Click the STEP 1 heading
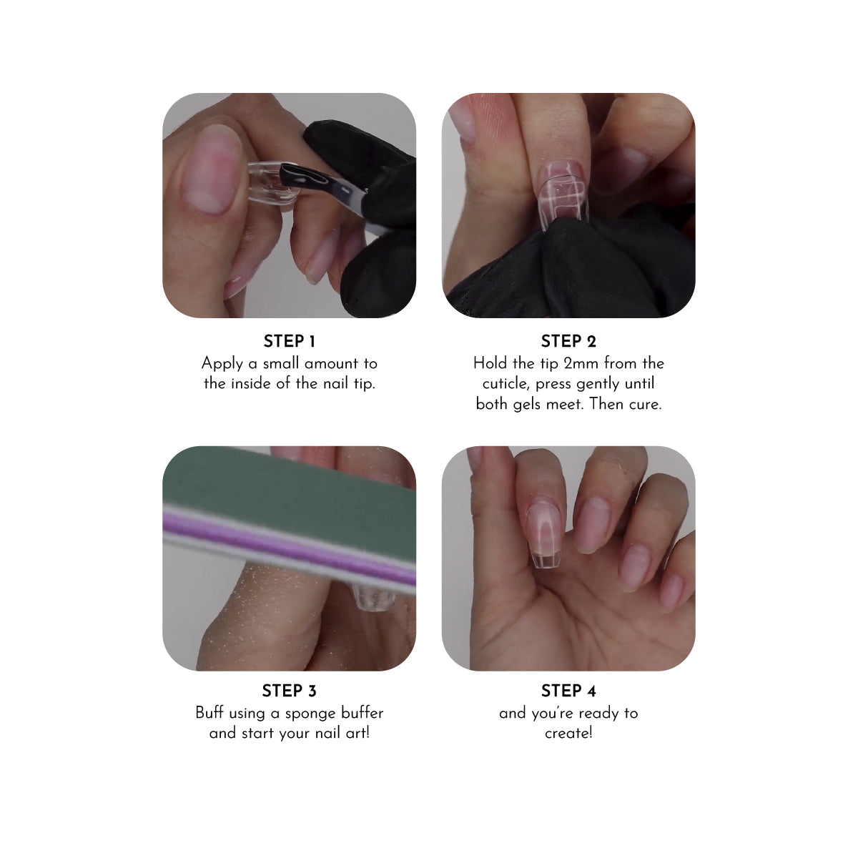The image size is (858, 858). click(289, 342)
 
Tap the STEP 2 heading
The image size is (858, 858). click(568, 342)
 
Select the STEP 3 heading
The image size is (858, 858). click(289, 691)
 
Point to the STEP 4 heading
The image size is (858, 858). click(568, 691)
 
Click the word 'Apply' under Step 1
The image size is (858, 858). click(222, 364)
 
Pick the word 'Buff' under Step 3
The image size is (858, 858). click(209, 713)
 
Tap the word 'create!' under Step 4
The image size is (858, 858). click(568, 733)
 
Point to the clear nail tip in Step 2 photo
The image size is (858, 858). click(563, 195)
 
